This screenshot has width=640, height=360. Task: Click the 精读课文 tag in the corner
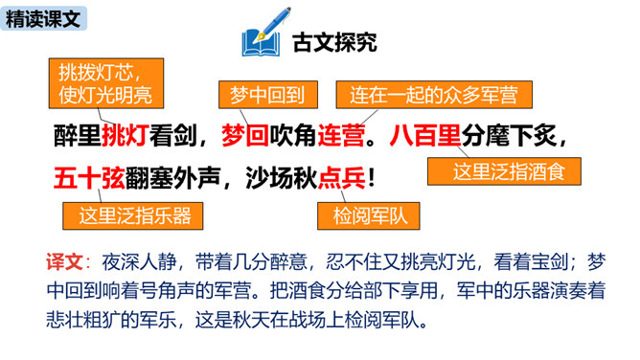43,19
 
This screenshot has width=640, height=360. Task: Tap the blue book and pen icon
264,32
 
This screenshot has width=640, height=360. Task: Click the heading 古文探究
334,42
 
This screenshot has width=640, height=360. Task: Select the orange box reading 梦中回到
267,95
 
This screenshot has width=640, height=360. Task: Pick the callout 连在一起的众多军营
434,95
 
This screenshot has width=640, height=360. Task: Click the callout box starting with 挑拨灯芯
106,83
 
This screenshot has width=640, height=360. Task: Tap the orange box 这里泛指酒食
504,171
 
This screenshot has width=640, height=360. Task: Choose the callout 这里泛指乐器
132,215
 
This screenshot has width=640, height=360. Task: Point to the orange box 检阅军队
368,215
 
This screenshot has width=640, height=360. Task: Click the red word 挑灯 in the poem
125,135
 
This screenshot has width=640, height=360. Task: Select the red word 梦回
245,135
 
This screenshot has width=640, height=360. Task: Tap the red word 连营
341,135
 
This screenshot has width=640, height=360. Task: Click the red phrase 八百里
425,135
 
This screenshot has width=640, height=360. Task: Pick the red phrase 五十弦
89,179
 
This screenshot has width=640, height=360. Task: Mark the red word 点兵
341,179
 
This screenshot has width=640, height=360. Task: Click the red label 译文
64,261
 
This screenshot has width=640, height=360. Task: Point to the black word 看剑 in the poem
173,135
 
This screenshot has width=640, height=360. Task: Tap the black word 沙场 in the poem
269,179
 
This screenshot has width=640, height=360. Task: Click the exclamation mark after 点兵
371,179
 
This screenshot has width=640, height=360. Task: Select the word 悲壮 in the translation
64,321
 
